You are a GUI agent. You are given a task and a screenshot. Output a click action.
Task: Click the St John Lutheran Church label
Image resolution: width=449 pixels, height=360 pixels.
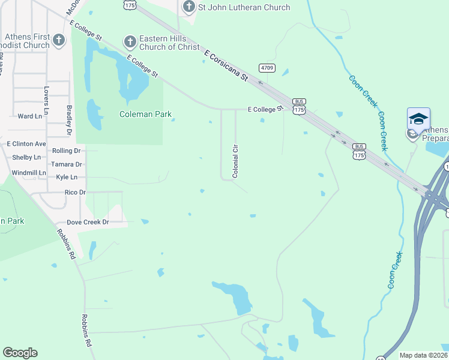click(245, 8)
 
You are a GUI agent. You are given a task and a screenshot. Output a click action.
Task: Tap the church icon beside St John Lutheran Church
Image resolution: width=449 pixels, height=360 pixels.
click(189, 7)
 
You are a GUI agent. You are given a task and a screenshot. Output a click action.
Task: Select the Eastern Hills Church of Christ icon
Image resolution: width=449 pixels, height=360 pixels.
click(129, 41)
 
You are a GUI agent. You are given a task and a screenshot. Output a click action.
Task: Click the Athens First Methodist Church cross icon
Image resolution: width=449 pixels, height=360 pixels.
click(59, 41)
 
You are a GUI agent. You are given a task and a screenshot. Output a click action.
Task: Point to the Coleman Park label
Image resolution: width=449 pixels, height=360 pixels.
click(145, 114)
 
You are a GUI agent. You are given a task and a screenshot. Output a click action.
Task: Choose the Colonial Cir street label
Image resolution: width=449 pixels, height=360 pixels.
click(236, 161)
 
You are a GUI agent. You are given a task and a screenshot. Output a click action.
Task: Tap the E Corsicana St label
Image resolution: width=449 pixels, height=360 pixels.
click(226, 66)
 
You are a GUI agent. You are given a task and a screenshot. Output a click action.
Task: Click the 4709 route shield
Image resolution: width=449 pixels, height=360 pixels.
click(267, 68)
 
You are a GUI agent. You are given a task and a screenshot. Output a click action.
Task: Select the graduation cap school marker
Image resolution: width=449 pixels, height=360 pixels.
click(418, 118)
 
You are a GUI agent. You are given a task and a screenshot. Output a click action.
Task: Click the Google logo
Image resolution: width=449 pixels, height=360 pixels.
click(20, 353)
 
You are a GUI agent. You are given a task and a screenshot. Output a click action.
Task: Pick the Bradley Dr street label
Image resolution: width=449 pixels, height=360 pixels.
click(69, 119)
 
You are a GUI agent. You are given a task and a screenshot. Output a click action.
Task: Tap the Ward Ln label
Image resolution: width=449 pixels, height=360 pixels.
click(30, 116)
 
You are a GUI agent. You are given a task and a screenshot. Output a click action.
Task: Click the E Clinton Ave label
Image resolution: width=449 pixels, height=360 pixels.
click(26, 144)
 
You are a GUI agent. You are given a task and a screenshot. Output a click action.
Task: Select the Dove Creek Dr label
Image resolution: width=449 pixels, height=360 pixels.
click(88, 222)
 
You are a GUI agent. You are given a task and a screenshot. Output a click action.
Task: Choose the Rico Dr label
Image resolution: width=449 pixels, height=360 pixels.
click(75, 193)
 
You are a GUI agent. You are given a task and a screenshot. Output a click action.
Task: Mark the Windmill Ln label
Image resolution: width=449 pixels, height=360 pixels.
click(29, 173)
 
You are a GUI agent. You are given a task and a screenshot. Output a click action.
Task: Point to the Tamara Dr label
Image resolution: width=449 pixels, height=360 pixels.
click(66, 164)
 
